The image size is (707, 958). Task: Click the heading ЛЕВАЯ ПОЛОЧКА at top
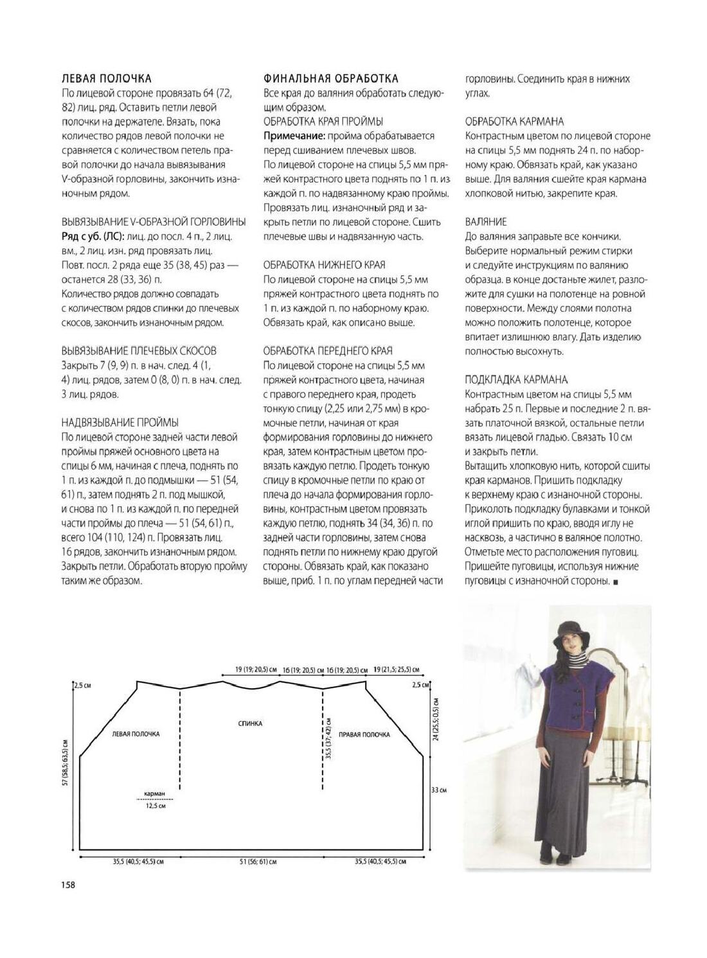pos(106,78)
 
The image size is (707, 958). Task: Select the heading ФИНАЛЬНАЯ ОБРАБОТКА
pos(330,78)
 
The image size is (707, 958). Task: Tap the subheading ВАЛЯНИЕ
pos(485,222)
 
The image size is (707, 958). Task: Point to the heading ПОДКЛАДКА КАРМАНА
pos(516,380)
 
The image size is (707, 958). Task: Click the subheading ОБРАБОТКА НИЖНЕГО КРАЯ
pos(323,265)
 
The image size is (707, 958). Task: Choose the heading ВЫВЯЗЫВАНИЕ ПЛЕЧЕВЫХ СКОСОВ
pos(139,351)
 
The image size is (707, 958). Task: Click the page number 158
pos(68,885)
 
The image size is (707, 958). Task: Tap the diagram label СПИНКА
pos(250,723)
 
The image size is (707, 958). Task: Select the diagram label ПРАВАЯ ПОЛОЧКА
pos(364,734)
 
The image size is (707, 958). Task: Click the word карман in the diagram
pos(155,794)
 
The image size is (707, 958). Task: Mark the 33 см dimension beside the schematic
pos(438,790)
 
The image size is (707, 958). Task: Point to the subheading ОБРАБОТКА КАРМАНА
pos(514,121)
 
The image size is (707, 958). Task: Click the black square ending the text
pos(616,582)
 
